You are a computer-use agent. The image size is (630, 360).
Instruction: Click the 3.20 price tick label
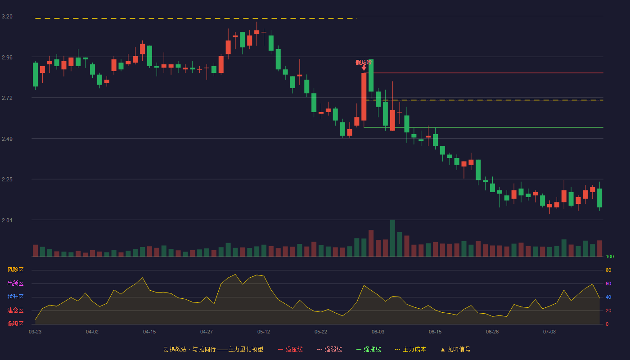tap(7, 17)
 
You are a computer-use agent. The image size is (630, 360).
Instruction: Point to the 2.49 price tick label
tap(7, 139)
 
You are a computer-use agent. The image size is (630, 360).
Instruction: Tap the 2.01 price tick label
tap(7, 220)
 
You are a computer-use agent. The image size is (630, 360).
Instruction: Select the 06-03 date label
tap(378, 332)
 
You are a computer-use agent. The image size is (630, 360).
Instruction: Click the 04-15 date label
tap(149, 332)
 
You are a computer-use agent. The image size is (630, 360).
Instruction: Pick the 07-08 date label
tap(549, 332)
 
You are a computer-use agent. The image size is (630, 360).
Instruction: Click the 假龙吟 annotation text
tap(364, 62)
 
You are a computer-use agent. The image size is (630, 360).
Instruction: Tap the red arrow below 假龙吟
tap(364, 68)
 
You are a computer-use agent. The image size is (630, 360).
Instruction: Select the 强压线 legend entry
tap(290, 349)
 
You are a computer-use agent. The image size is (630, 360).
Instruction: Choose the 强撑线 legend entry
tap(369, 349)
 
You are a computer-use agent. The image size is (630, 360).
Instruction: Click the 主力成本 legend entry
tap(410, 349)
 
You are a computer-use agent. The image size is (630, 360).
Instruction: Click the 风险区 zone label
tap(15, 270)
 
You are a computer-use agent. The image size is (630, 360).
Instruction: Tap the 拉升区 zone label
tap(15, 297)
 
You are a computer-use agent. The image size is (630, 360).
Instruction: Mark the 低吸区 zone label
tap(15, 324)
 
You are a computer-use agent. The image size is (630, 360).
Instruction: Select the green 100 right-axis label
tap(610, 256)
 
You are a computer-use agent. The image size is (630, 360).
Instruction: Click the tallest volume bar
tap(392, 238)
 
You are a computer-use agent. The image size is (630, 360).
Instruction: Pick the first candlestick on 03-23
tap(35, 75)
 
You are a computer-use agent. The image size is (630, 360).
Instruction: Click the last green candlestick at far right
tap(599, 198)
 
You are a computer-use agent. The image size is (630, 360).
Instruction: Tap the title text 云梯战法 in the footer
tap(175, 349)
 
